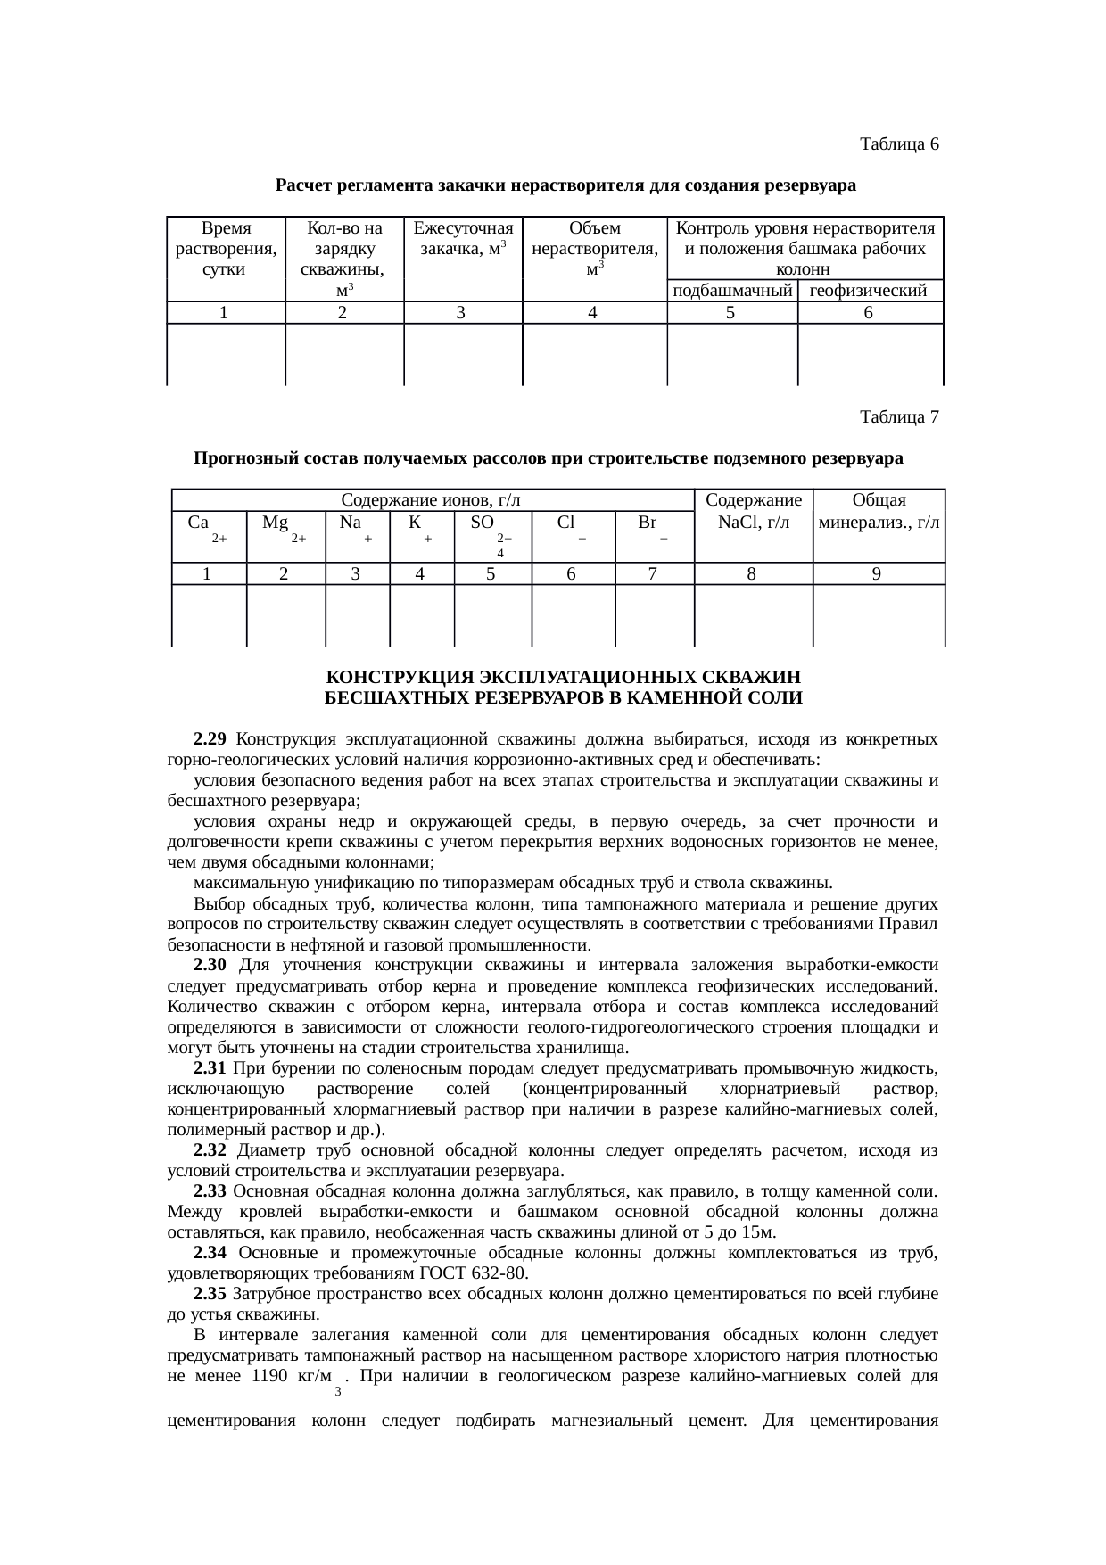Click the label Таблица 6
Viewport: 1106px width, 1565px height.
(x=898, y=144)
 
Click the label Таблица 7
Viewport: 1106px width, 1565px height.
(x=898, y=416)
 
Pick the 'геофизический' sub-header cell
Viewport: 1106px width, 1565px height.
(x=870, y=291)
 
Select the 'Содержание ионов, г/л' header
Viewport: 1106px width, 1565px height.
(x=432, y=500)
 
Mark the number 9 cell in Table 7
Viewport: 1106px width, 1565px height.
(x=877, y=574)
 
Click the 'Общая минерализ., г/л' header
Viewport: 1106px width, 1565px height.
(x=879, y=511)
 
